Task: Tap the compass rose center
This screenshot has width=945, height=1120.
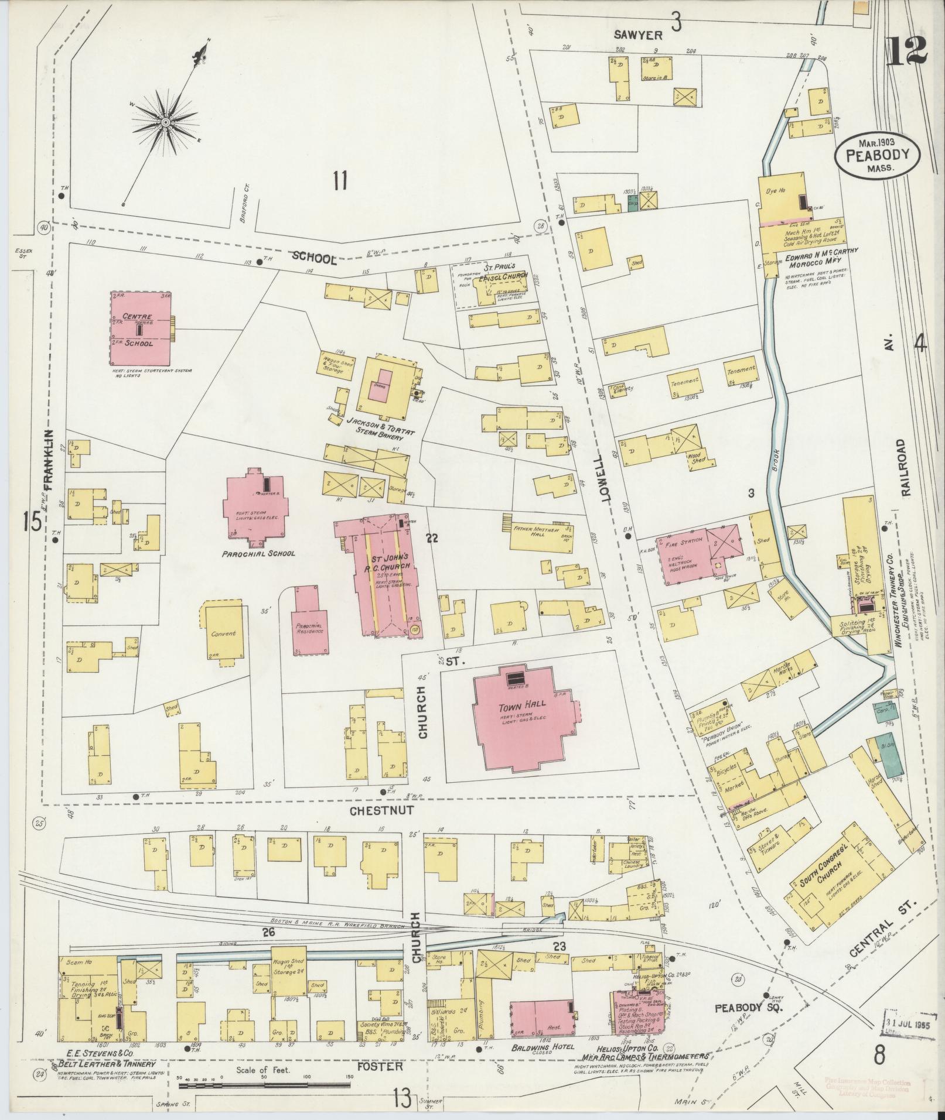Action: [166, 121]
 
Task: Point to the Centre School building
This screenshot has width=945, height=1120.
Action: [141, 328]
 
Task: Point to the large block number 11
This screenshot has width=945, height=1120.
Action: [340, 180]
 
